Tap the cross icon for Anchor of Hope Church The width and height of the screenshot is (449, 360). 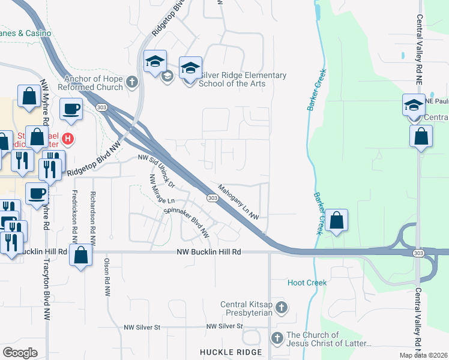point(132,82)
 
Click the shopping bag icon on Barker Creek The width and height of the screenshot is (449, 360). point(337,220)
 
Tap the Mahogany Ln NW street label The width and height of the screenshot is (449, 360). point(238,202)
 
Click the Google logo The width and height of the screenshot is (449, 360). point(20,353)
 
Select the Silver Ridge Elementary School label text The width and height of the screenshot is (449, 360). point(234,79)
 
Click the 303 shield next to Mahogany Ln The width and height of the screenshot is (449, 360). point(212,197)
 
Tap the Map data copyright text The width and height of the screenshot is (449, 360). point(423,355)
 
